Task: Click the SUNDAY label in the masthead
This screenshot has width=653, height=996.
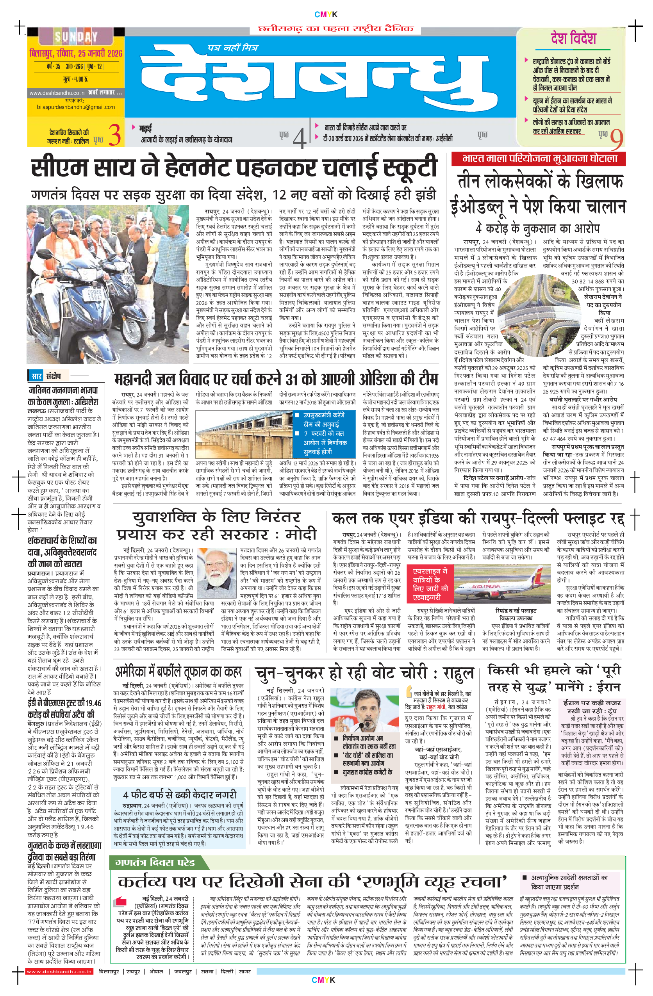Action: (x=76, y=37)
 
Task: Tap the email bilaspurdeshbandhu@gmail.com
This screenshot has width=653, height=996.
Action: (x=76, y=107)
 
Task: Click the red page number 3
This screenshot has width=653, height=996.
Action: (x=115, y=135)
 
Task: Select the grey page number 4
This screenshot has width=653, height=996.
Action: (x=299, y=137)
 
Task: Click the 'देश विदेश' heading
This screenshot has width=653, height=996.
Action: (x=573, y=39)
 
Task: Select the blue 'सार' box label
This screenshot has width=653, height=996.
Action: (x=37, y=376)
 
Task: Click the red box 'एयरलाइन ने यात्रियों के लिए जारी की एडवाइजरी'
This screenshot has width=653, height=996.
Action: (x=430, y=584)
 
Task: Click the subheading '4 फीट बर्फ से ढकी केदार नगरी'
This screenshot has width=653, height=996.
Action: (x=180, y=795)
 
